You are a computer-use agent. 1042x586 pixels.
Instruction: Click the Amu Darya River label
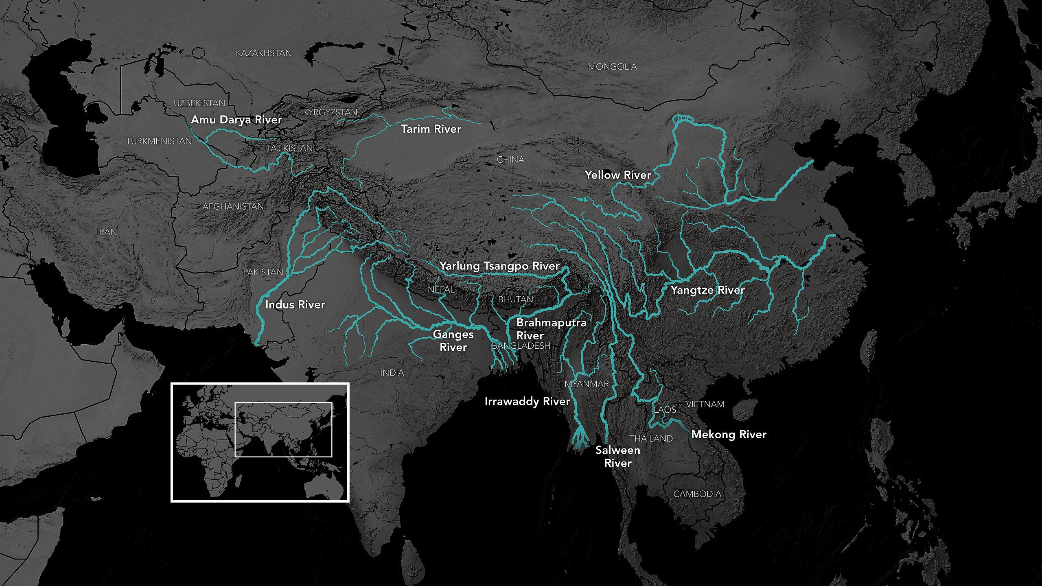coord(236,120)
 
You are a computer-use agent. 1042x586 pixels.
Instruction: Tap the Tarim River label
coord(431,129)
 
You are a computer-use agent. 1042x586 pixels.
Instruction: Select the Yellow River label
coord(618,175)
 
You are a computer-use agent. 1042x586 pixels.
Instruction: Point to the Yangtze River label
coord(707,291)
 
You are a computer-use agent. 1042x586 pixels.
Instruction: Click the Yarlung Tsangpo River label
coord(499,267)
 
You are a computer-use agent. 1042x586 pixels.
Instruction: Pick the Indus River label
coord(295,305)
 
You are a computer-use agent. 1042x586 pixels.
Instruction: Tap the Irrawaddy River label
coord(527,402)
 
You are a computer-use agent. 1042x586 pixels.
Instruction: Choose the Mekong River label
coord(729,435)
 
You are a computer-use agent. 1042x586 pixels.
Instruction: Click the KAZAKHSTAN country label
coord(264,53)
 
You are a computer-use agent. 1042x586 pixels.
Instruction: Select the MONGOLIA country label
coord(612,67)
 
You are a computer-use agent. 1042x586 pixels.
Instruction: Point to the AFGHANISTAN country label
coord(233,207)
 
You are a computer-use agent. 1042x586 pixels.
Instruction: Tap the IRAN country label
coord(107,232)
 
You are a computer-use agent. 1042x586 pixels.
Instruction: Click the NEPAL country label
coord(441,290)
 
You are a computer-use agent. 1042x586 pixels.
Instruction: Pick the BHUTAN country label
coord(516,300)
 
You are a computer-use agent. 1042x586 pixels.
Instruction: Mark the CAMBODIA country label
coord(697,494)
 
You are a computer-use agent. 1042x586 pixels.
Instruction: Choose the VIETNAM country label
coord(705,405)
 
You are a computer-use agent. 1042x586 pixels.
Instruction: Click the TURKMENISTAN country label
coord(159,142)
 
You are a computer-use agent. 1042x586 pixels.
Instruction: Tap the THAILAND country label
coord(651,439)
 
